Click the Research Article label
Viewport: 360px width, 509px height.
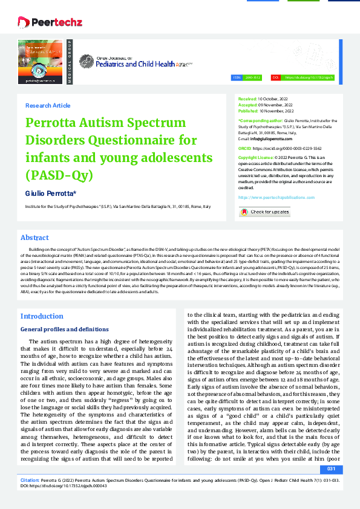[48, 105]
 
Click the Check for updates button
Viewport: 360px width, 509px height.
[264, 212]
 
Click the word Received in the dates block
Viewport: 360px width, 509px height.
[247, 98]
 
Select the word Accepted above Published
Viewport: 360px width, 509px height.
[247, 105]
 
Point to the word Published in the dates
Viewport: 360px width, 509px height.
[248, 111]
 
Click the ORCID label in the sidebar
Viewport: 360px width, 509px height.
[244, 148]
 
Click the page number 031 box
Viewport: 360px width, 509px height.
[331, 469]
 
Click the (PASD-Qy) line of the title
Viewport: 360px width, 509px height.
[59, 176]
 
